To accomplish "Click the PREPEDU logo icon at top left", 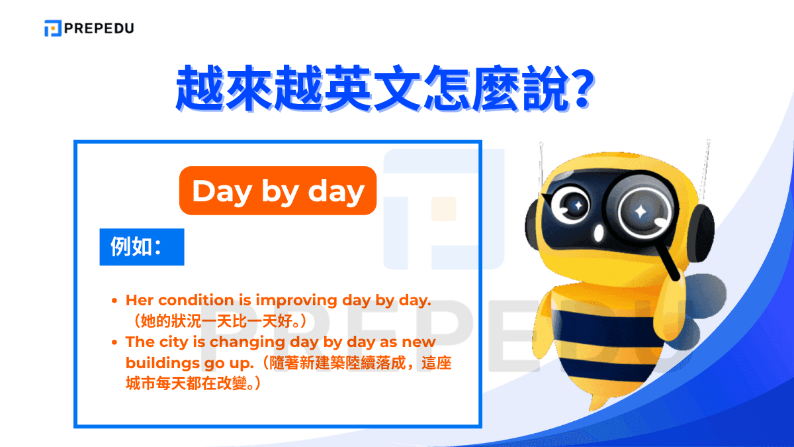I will [x=53, y=28].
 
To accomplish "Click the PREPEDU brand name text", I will [x=99, y=28].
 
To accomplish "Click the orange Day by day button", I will [x=278, y=191].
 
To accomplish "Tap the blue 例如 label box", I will [x=142, y=247].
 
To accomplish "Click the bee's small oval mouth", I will [x=599, y=233].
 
